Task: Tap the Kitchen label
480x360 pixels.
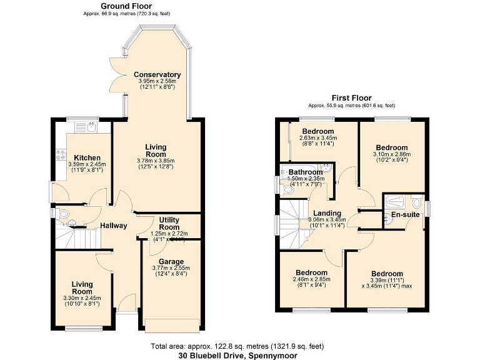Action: pos(87,157)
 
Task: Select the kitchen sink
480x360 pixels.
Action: pos(86,127)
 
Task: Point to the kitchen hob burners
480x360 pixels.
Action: pos(61,154)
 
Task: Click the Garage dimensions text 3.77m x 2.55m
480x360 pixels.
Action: pos(171,268)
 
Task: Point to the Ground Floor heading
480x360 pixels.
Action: pos(126,6)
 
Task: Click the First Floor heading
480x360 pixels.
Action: pos(352,98)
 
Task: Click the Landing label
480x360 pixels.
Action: pos(327,213)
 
